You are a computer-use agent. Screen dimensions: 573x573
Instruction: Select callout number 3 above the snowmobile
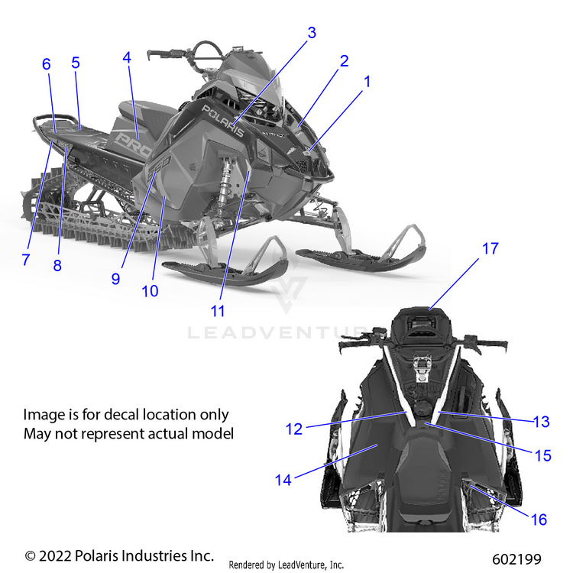[x=312, y=33]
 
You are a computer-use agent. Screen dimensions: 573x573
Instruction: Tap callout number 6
[x=47, y=64]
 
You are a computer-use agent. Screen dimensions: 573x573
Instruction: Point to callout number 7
[x=25, y=260]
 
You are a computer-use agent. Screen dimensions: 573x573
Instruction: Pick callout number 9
[x=115, y=279]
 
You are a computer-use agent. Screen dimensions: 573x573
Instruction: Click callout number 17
[x=490, y=248]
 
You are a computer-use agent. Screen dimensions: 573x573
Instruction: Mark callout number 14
[x=283, y=480]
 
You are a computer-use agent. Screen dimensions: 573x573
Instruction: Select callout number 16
[x=539, y=520]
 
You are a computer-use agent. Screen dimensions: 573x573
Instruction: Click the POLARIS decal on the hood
[x=223, y=120]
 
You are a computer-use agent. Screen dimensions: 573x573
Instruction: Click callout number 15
[x=542, y=455]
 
